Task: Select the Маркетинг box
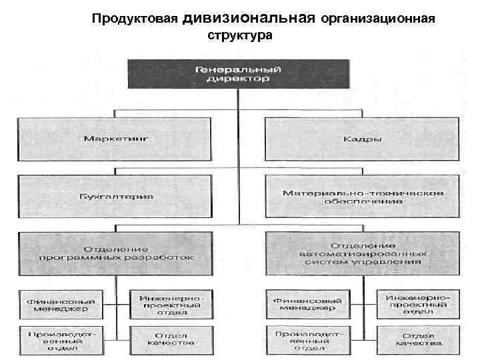point(116,139)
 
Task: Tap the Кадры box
point(362,139)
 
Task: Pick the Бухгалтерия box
point(116,196)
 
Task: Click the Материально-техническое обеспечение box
point(362,196)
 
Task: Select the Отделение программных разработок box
point(116,252)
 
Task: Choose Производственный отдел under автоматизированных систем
point(307,338)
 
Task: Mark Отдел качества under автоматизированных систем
point(418,338)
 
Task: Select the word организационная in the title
point(378,19)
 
